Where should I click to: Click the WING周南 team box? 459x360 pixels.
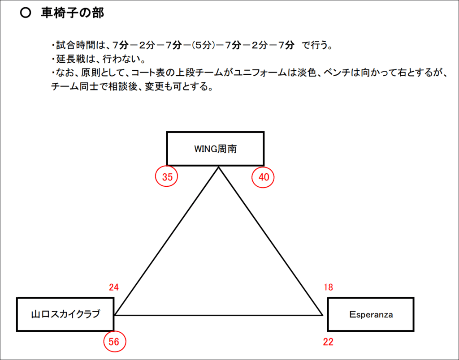point(216,149)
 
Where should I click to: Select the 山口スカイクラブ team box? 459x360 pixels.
point(65,314)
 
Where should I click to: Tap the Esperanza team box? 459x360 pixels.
point(371,314)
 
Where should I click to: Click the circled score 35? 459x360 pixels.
point(167,176)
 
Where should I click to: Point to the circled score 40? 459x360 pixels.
point(263,177)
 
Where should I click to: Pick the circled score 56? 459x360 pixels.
point(115,341)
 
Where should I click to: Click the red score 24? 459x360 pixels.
point(114,287)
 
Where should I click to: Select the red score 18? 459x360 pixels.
point(329,287)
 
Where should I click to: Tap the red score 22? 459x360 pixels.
point(328,342)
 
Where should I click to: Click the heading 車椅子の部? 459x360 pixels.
point(72,13)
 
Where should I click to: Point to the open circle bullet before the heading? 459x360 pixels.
point(26,13)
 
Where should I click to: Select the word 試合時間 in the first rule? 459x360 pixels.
point(76,45)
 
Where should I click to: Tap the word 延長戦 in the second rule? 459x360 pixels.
point(71,59)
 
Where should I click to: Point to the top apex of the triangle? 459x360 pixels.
point(218,167)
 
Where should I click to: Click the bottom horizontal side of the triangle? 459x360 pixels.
point(218,315)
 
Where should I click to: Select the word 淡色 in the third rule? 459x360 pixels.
point(307,73)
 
